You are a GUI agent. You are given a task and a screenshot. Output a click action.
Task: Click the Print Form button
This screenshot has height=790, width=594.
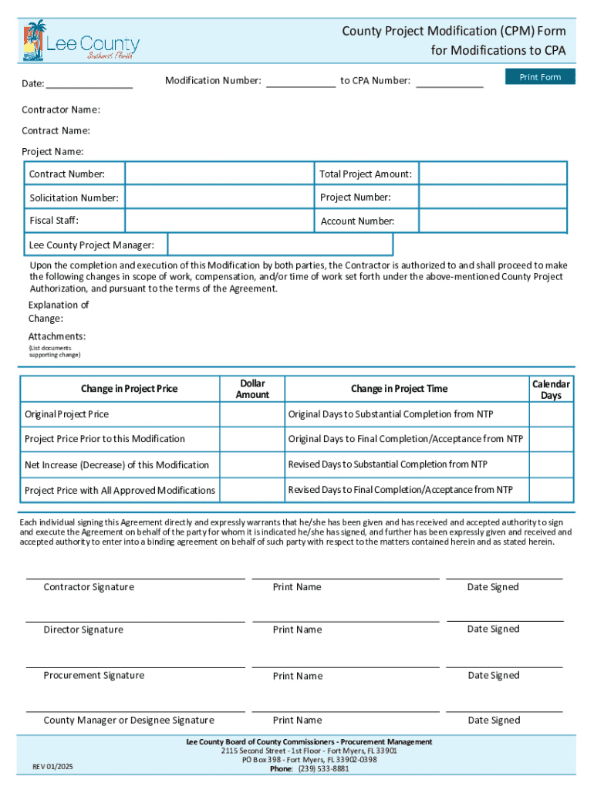coord(540,77)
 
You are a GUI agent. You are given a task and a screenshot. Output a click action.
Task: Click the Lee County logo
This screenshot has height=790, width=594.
coord(81,41)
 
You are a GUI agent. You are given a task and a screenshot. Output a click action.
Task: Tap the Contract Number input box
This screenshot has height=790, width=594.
coord(219,174)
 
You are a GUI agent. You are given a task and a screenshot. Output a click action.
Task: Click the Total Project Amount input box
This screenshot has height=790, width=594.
coord(492,174)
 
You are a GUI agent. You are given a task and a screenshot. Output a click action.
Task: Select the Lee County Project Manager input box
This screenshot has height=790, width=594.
coord(280,245)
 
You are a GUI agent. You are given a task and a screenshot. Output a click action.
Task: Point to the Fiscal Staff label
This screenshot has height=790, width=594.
coord(54,221)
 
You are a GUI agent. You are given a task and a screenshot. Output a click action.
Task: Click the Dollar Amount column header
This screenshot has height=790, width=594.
coord(252,389)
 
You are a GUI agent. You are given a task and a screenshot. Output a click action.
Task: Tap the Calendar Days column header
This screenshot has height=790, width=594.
coord(551,389)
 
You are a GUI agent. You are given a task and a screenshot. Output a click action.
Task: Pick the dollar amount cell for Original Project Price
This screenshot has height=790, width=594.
coord(252,414)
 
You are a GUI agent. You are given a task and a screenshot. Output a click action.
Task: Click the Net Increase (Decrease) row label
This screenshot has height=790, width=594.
coord(116,465)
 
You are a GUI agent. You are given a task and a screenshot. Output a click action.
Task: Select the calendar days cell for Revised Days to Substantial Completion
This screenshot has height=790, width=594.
coord(551,464)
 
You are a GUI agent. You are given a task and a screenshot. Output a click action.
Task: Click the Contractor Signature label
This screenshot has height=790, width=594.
coord(89,587)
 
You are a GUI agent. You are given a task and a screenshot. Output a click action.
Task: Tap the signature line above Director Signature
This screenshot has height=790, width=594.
coord(136,621)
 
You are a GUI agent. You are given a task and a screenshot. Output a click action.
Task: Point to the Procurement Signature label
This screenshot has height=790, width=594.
coord(93,676)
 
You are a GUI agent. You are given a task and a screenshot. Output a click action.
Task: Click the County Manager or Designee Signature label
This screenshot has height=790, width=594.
coord(129,721)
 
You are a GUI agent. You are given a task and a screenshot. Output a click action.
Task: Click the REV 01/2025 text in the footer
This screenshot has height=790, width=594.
coord(52,766)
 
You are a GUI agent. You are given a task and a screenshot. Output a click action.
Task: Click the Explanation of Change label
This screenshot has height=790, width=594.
coord(59,312)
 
